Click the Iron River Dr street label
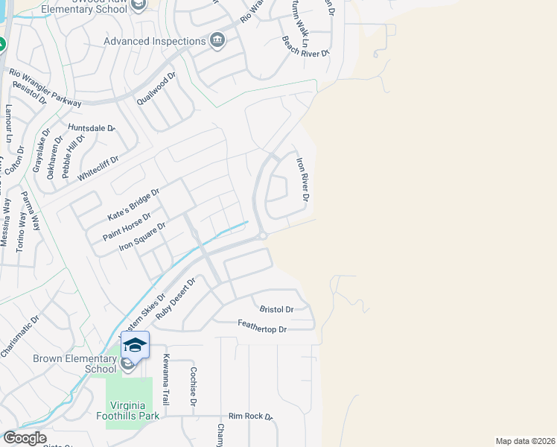(303, 179)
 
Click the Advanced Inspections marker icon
(217, 41)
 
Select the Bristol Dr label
(276, 308)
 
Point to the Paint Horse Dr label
(127, 226)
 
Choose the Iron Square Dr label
(142, 235)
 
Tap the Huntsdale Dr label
(93, 128)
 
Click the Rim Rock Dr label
(250, 417)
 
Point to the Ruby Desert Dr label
(175, 299)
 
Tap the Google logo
(24, 438)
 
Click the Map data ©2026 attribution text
(525, 441)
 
